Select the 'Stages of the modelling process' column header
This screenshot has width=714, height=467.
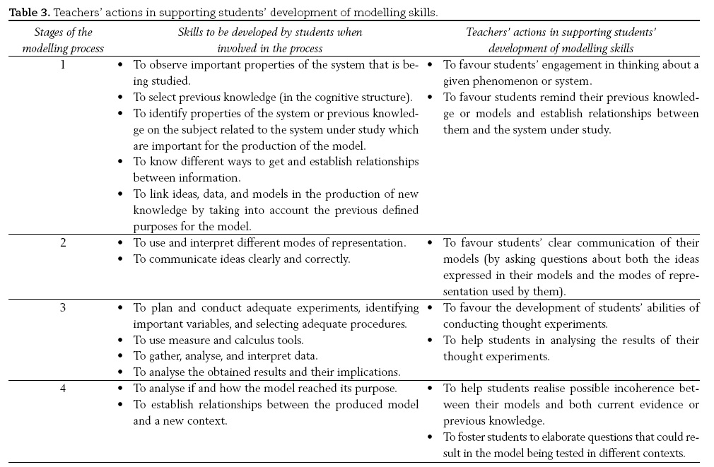[62, 40]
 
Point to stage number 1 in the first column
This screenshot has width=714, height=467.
[63, 65]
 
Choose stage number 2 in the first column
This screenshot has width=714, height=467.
[63, 243]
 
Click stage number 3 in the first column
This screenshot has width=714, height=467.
[63, 307]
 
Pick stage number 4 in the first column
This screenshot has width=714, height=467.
[63, 388]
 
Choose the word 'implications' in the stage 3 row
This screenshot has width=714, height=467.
[367, 372]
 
